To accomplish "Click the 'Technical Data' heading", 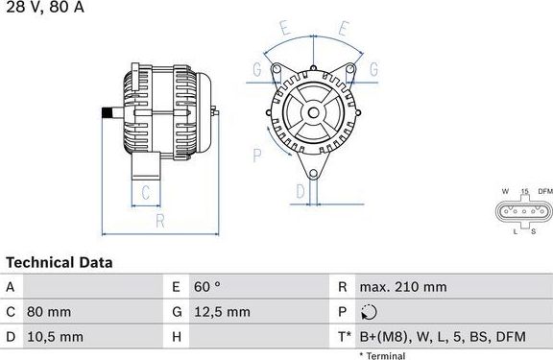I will [x=60, y=262].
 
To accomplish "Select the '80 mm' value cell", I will [x=51, y=312].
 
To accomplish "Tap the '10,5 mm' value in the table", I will [x=56, y=337].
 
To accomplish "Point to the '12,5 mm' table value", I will [x=223, y=312].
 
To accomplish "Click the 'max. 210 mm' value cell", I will [x=402, y=287].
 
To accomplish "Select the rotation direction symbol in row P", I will [x=370, y=312].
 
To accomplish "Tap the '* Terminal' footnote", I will [x=382, y=355].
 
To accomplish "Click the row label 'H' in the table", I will [x=178, y=337].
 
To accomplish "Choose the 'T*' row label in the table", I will [x=344, y=337].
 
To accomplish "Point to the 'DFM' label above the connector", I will [x=544, y=192].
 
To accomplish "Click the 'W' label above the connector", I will [x=505, y=192].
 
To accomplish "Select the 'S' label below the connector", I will [x=533, y=231].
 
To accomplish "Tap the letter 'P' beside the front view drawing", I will [x=256, y=153].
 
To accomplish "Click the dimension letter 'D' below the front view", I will [x=300, y=192].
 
